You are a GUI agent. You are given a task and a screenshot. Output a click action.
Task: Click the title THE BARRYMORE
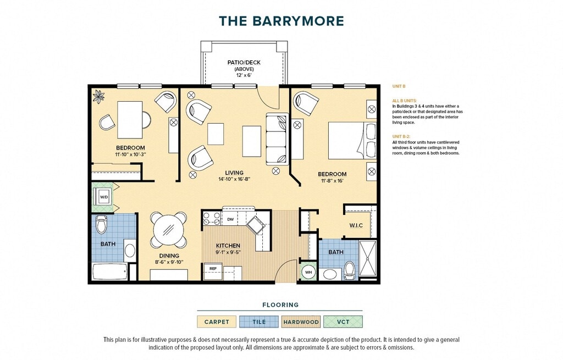pos(281,21)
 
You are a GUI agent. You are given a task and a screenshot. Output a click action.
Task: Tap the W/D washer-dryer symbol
pos(104,197)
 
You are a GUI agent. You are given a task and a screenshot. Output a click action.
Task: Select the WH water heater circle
pos(308,272)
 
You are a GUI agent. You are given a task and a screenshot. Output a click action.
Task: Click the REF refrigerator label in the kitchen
pos(213,268)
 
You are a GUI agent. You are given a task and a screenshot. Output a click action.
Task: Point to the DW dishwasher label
pos(230,219)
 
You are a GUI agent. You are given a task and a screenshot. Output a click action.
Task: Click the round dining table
pos(169,230)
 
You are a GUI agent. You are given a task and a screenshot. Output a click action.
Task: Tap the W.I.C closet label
pos(356,225)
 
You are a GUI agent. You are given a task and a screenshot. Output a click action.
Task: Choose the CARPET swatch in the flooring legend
pos(217,322)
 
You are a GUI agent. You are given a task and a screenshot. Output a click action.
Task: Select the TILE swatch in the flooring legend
pos(259,322)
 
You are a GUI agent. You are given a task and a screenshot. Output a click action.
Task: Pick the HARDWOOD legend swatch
pos(301,322)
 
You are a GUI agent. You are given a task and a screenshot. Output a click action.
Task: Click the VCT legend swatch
pos(343,322)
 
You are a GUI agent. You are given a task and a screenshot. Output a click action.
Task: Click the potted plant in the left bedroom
pos(98,96)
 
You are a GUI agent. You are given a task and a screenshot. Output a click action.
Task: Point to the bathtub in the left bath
pos(110,272)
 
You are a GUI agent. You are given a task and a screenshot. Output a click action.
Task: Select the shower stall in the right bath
pos(368,258)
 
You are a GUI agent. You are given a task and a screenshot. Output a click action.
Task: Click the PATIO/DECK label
pos(244,63)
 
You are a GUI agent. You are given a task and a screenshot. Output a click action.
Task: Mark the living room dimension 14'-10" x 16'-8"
pos(234,179)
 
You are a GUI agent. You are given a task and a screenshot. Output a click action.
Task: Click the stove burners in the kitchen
pos(212,218)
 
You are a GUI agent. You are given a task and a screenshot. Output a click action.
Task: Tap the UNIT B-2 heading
pos(401,136)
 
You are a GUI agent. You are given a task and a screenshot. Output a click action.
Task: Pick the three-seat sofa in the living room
pos(277,139)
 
